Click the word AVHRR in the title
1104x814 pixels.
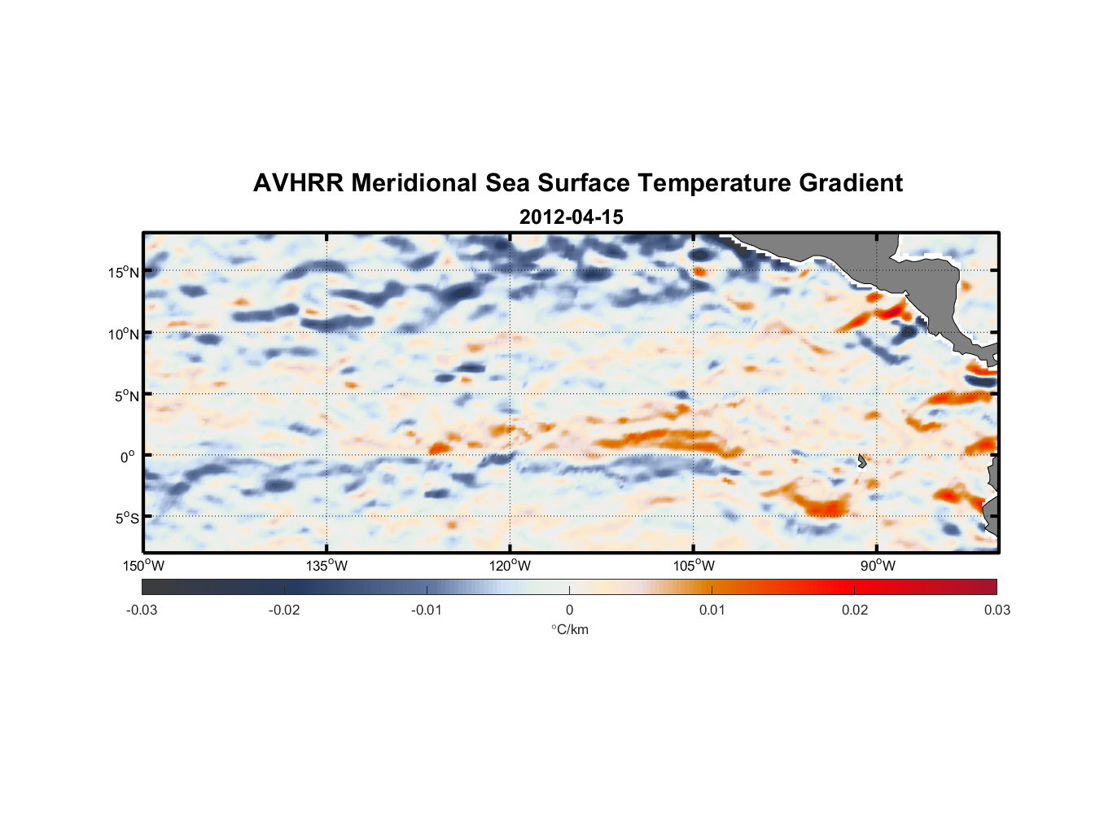coord(298,183)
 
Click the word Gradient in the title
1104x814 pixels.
coord(850,183)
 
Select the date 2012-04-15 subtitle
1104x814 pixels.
coord(571,217)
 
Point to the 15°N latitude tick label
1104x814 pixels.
coord(123,272)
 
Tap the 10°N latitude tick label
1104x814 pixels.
coord(123,334)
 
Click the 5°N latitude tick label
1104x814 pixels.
coord(125,396)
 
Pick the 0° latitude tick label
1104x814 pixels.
coord(128,457)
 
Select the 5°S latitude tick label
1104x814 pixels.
coord(125,518)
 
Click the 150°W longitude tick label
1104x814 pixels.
coord(143,566)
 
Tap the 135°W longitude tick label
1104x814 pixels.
coord(326,566)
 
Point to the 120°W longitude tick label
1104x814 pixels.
coord(510,566)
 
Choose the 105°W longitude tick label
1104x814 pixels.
coord(694,566)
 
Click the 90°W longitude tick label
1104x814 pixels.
coord(877,566)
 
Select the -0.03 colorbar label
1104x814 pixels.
coord(142,610)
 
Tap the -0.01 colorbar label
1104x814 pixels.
coord(427,610)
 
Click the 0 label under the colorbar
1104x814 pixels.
coord(569,610)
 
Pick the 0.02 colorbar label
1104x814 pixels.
coord(854,610)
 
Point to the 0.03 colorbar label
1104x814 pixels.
coord(997,610)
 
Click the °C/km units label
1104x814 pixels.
coord(569,629)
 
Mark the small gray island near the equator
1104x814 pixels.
coord(862,461)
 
